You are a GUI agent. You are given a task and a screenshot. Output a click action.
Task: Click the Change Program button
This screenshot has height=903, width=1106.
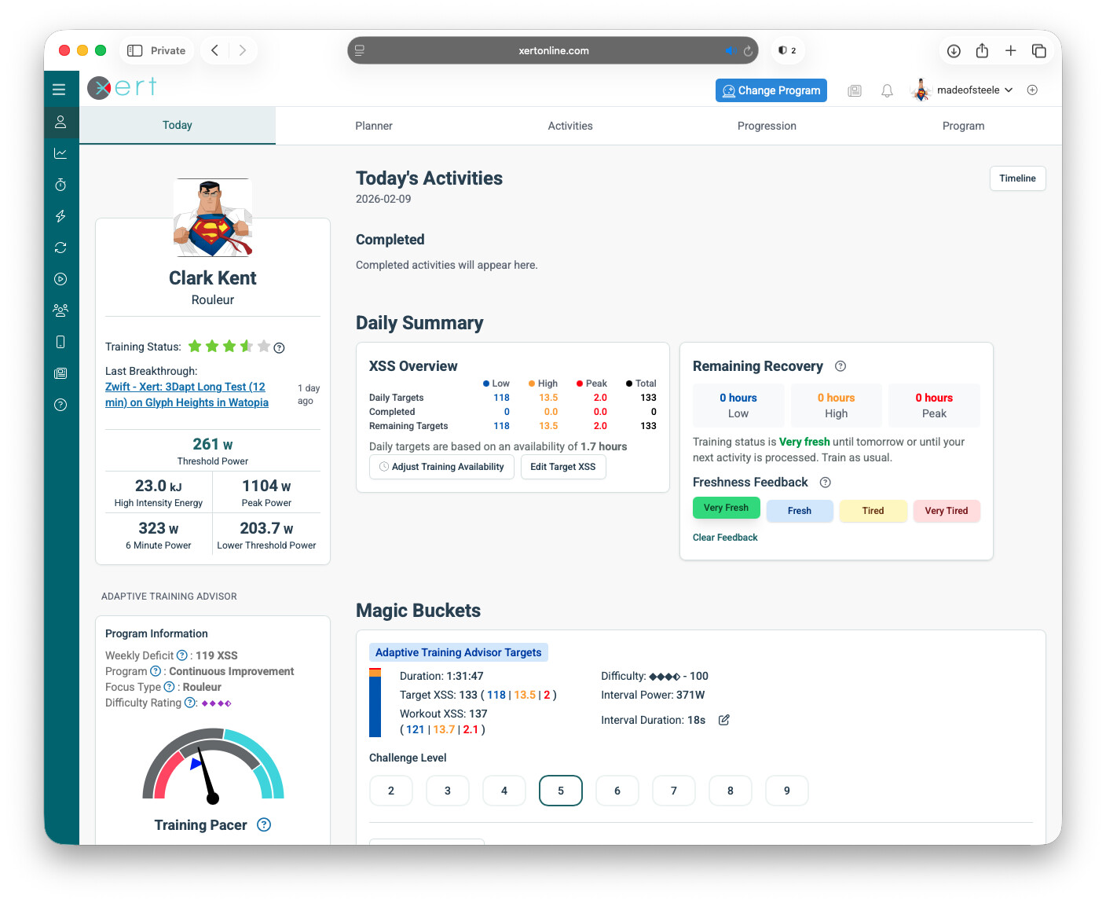point(771,90)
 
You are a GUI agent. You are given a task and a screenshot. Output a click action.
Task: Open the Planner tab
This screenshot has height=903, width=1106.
point(373,126)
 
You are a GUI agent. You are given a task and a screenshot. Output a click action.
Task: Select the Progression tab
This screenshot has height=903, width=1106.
point(766,126)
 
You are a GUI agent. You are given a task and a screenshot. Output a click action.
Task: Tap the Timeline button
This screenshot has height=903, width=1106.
point(1016,178)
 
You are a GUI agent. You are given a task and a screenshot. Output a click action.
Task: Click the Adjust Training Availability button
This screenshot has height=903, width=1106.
point(441,467)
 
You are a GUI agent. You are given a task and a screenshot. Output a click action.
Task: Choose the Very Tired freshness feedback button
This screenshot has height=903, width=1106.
point(946,511)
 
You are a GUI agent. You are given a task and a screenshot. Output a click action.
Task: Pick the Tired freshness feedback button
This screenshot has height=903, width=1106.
point(873,511)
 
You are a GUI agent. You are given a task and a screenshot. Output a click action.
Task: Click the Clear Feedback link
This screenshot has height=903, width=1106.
point(725,538)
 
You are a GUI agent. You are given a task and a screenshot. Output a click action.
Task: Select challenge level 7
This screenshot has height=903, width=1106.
point(673,791)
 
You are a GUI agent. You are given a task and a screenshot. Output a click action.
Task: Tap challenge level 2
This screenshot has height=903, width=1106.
point(390,791)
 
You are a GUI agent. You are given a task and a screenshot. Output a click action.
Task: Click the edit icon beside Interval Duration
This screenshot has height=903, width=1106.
point(724,720)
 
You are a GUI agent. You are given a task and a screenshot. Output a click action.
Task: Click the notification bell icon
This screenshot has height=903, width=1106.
point(887,90)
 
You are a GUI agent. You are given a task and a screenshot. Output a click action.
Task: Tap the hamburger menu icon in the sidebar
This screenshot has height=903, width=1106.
point(59,90)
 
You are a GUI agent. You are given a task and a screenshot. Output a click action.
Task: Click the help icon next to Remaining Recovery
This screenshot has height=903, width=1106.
point(840,366)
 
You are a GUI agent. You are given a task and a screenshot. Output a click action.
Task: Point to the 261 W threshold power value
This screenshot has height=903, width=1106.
point(212,444)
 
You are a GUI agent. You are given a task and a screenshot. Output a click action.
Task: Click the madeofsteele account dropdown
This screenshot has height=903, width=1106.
point(973,90)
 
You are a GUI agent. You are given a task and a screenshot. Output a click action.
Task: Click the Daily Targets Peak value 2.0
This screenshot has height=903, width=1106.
point(600,398)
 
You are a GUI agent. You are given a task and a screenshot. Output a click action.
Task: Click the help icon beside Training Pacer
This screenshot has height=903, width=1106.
point(264,824)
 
